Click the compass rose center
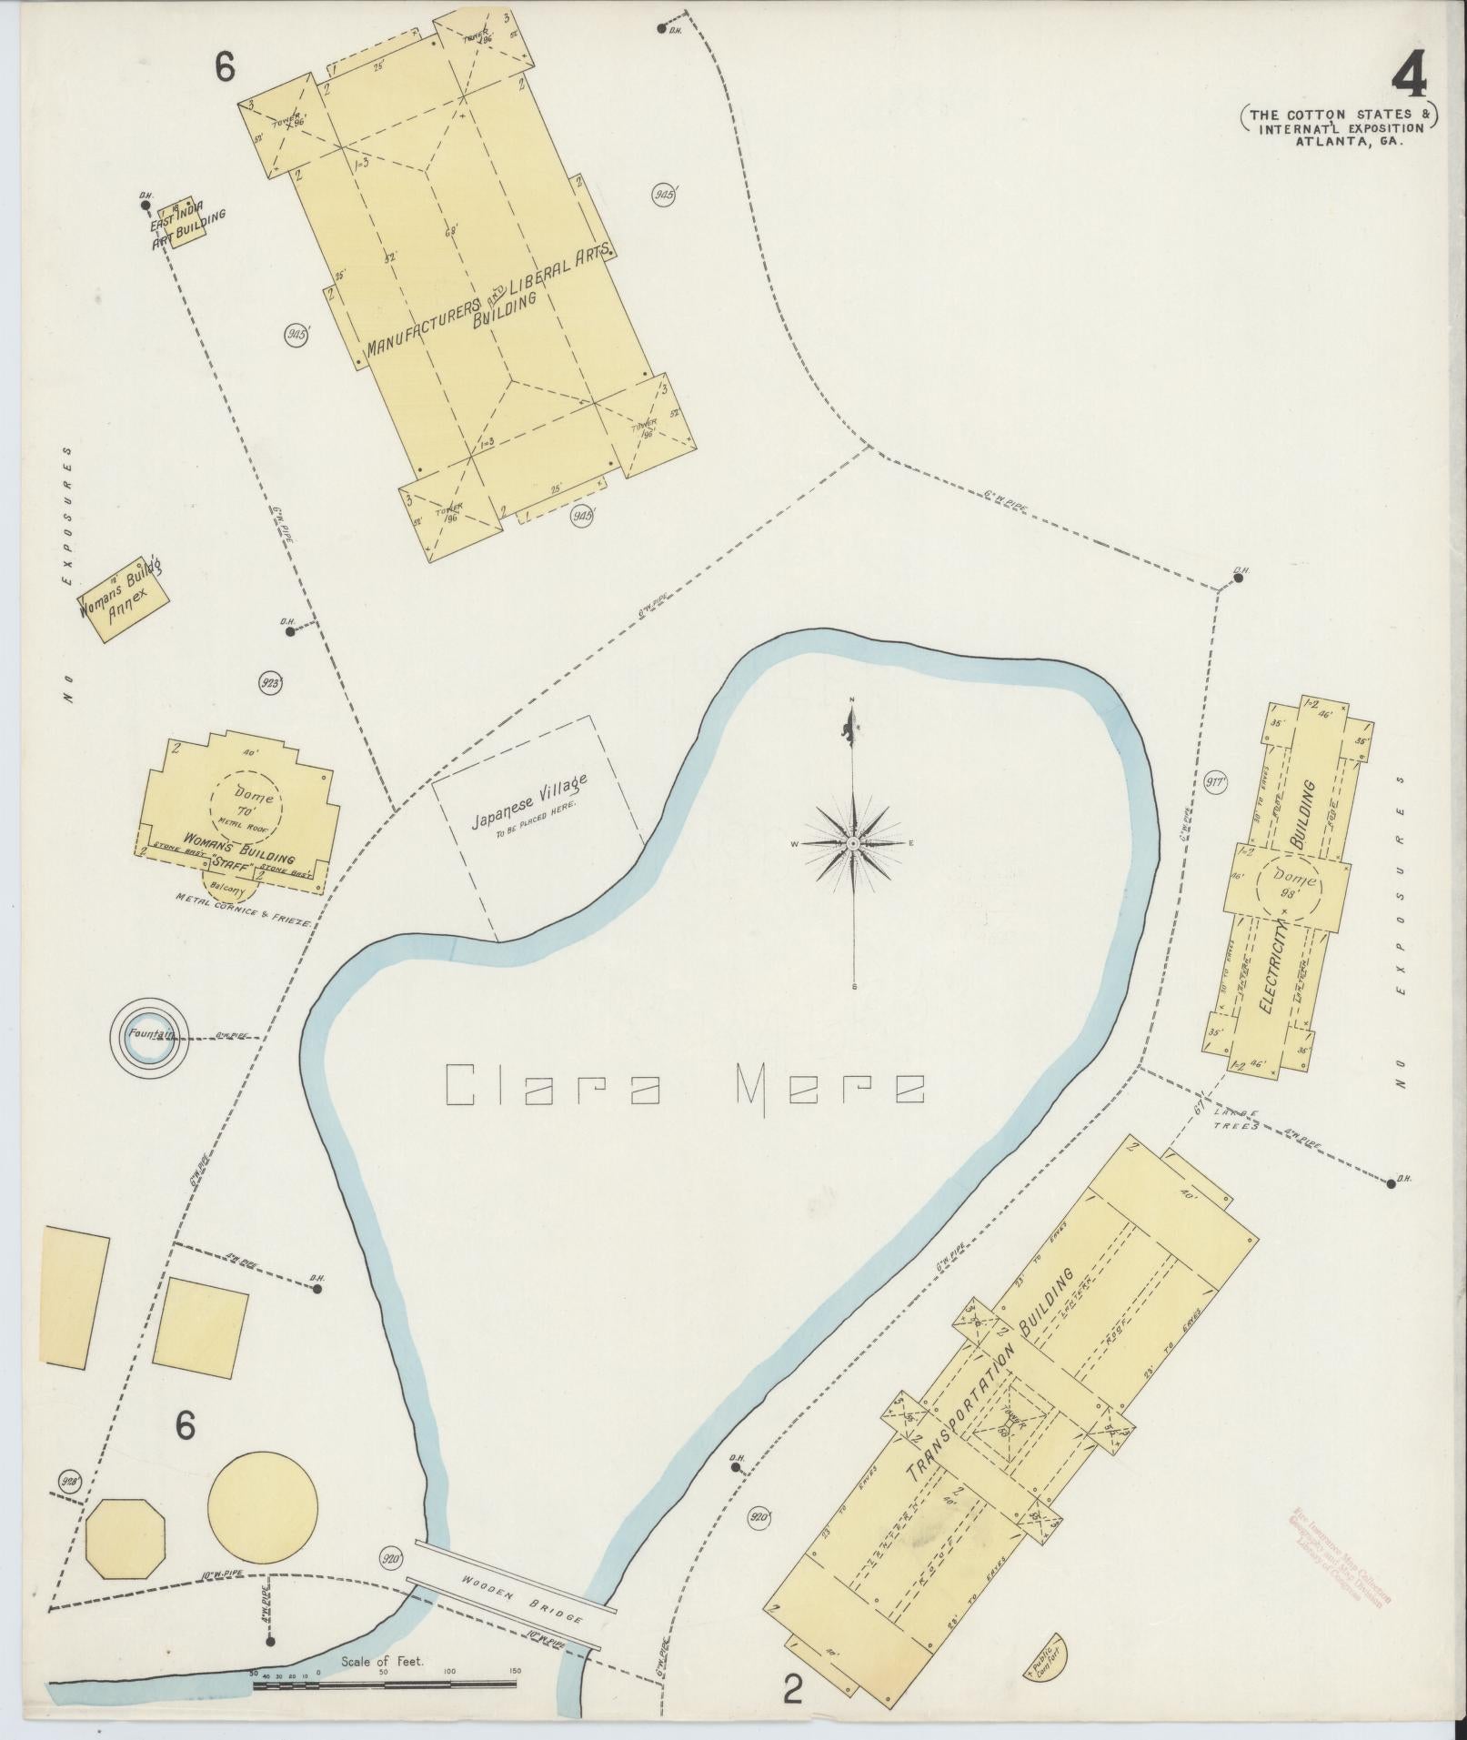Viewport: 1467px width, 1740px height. click(x=853, y=843)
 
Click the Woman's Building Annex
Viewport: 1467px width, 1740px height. click(x=123, y=600)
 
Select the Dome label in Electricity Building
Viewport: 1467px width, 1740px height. click(x=1286, y=880)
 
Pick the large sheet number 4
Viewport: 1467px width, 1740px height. click(x=1408, y=81)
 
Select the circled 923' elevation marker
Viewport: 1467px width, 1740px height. click(x=270, y=683)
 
